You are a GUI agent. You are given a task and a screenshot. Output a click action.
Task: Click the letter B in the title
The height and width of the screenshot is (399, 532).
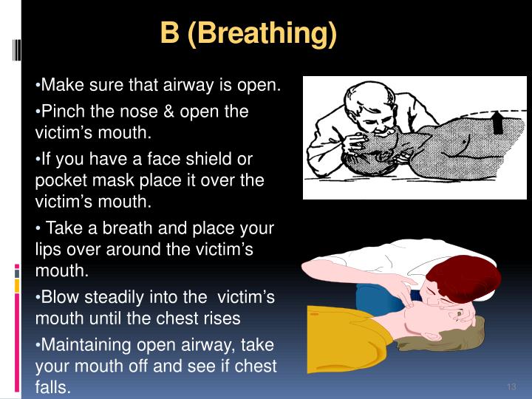[170, 34]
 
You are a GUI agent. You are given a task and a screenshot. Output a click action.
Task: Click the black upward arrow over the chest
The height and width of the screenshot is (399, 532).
[498, 122]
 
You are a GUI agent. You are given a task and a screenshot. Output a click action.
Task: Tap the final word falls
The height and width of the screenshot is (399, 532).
[52, 387]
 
